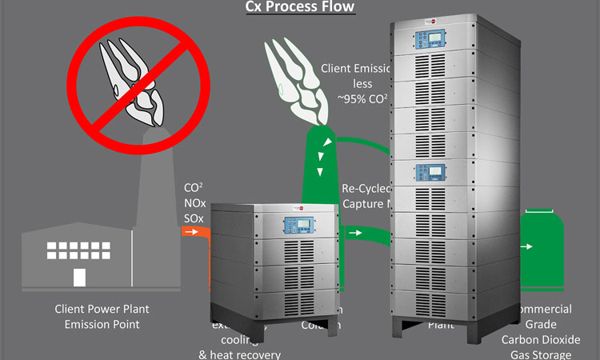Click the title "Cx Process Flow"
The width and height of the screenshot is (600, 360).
tap(299, 7)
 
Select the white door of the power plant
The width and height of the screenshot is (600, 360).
tap(79, 277)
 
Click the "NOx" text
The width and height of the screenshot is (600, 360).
tap(194, 202)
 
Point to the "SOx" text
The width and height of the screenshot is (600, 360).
tap(194, 217)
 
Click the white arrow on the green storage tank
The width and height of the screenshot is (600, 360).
tap(529, 246)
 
